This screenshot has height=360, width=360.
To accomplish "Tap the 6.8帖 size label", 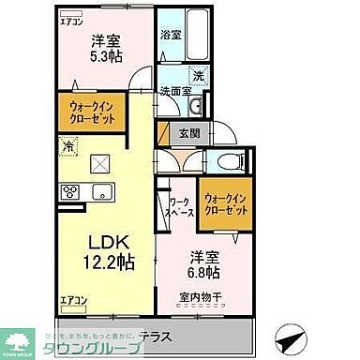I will pos(204,273).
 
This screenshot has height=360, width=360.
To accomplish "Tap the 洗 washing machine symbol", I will pos(199,77).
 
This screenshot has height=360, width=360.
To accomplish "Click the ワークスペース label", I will pos(181,206).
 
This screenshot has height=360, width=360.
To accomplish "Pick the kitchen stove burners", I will pos(70,193).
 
